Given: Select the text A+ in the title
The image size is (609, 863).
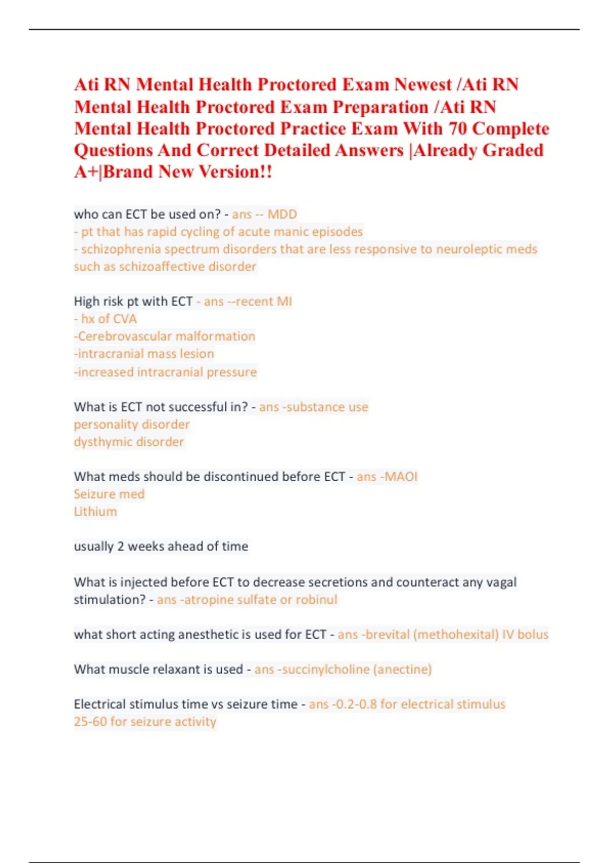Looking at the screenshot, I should pyautogui.click(x=86, y=172).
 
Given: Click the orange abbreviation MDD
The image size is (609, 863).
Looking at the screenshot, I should pyautogui.click(x=282, y=214).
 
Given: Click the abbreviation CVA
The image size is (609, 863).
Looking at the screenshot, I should pyautogui.click(x=125, y=319).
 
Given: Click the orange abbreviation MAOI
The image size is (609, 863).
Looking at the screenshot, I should pyautogui.click(x=401, y=477).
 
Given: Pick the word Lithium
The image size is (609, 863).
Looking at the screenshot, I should pyautogui.click(x=95, y=512).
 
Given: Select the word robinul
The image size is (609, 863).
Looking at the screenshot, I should pyautogui.click(x=317, y=600).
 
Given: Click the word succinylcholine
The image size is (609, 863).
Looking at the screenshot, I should pyautogui.click(x=326, y=670).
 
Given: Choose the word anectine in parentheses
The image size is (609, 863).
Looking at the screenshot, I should pyautogui.click(x=402, y=670).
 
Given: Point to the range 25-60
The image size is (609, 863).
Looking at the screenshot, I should pyautogui.click(x=90, y=722).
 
